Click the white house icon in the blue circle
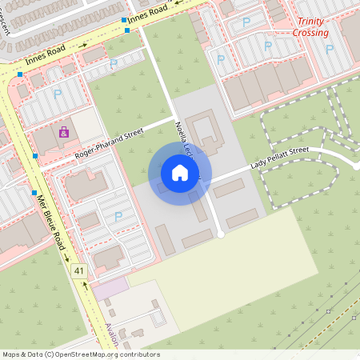tap(180, 173)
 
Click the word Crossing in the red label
tap(310, 33)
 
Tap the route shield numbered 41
tap(78, 272)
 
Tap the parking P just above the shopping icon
tap(58, 94)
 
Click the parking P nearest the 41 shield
tap(118, 216)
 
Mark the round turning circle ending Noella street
tap(221, 234)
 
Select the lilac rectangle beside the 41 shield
tap(113, 286)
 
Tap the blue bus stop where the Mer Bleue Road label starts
tap(34, 192)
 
